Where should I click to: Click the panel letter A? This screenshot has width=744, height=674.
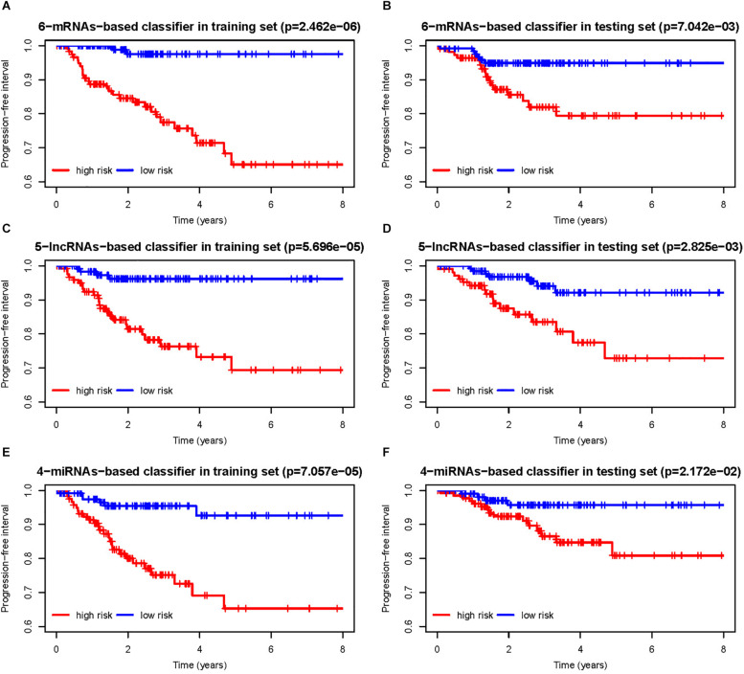tap(6, 8)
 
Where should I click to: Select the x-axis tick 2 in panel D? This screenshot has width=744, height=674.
tap(508, 422)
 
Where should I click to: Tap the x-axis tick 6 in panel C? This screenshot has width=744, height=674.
tap(271, 422)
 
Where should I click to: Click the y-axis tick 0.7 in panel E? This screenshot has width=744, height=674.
tap(31, 586)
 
